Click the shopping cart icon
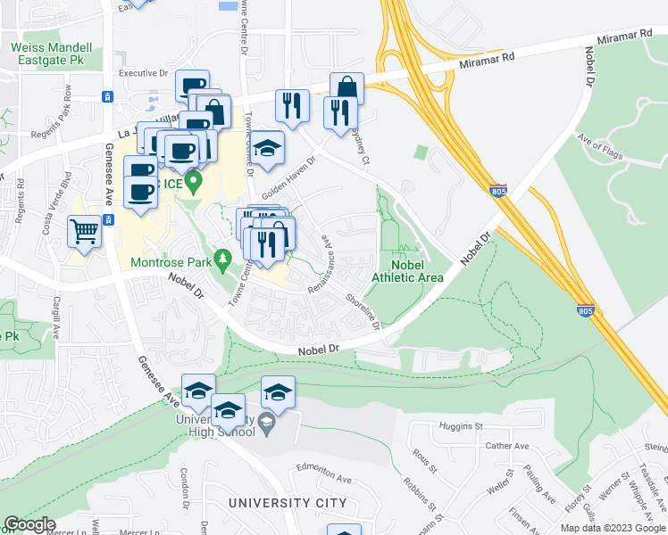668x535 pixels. tap(84, 232)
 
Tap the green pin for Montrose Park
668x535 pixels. tap(225, 258)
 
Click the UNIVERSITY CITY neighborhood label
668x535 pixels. tap(287, 504)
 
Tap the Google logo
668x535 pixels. tap(29, 524)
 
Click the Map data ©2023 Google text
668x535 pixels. tap(612, 528)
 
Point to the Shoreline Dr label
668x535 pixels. tap(363, 312)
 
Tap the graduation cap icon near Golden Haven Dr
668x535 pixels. tap(267, 148)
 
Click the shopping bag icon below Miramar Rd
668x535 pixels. tap(347, 89)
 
